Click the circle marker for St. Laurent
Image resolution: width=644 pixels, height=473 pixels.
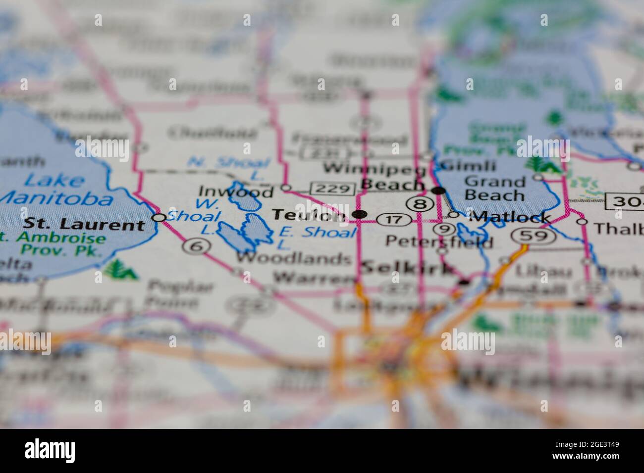[x=159, y=217]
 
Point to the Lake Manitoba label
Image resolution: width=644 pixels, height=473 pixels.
[x=54, y=189]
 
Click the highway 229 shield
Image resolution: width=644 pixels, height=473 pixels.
[x=332, y=189]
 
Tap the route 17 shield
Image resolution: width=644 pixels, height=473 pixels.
[x=394, y=219]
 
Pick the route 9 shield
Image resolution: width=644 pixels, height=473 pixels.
[x=444, y=229]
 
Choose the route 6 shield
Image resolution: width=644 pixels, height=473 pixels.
[x=197, y=246]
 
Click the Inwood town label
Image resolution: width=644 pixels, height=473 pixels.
[x=236, y=191]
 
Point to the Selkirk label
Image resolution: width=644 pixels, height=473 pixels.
[x=407, y=269]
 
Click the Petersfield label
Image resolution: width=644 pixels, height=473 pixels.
[x=439, y=242]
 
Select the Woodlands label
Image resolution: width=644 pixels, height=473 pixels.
[x=293, y=258]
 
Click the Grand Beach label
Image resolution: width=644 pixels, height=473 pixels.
[x=494, y=188]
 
